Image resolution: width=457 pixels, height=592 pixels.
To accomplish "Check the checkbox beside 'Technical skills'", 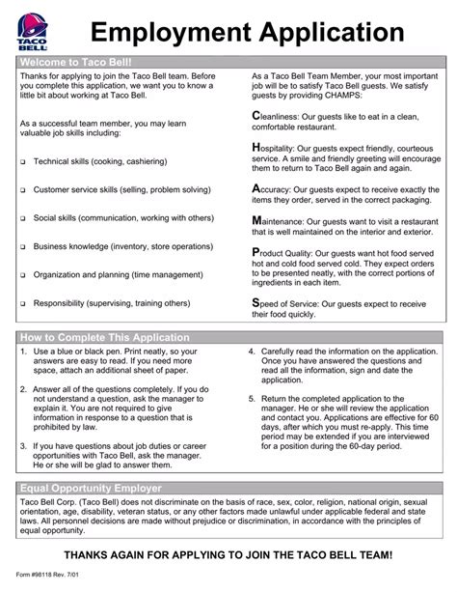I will point(22,162).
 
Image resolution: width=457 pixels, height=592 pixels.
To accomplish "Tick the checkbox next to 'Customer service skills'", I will point(22,190).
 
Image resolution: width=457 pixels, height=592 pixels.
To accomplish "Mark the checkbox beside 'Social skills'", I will point(22,218).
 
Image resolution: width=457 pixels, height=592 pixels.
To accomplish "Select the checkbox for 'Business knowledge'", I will point(22,247).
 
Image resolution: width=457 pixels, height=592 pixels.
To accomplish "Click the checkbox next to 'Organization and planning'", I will point(22,275).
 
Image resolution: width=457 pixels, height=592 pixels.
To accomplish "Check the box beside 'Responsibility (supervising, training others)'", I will point(22,303).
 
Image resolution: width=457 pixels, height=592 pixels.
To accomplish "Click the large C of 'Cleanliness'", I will point(255,117).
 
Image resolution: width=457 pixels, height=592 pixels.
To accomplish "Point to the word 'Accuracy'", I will point(280,190).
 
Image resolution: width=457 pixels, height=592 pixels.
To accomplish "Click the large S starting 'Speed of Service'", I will point(255,302).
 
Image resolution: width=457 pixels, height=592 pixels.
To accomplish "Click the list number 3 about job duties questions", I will point(22,446).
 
